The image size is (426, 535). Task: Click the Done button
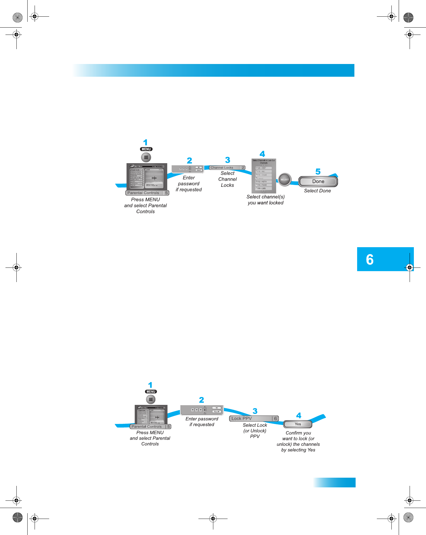coord(318,181)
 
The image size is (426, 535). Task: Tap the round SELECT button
coord(285,180)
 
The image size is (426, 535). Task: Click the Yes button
coord(298,424)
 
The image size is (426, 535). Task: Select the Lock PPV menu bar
coord(254,419)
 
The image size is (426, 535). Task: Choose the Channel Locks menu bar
coord(227,168)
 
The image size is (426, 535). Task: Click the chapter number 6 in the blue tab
coord(370,260)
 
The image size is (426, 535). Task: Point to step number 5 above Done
coord(318,172)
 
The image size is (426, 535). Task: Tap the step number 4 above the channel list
coord(262,154)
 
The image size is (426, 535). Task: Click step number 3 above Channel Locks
coord(228,160)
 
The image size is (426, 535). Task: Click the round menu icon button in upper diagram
coord(146,157)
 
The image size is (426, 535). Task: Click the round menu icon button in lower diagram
coord(151,399)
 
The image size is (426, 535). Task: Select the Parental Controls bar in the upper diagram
coord(147,193)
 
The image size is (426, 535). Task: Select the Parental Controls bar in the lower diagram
coord(151,426)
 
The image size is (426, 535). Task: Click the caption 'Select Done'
coord(317,191)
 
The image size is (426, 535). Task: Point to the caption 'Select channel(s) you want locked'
coord(265,200)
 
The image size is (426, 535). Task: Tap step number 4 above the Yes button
coord(299,416)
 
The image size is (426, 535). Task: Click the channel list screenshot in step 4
coord(264,176)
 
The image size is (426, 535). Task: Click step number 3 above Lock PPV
coord(255,411)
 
